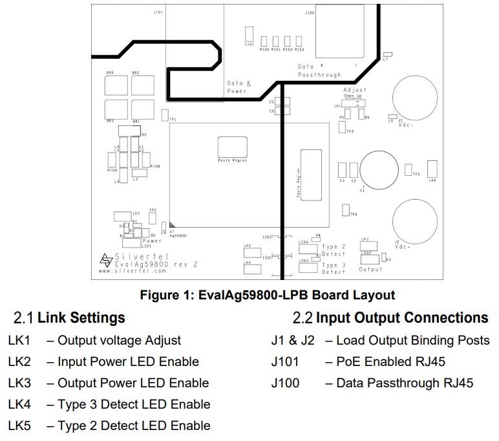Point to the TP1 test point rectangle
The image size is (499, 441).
[x=165, y=115]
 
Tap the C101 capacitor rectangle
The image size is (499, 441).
[x=248, y=34]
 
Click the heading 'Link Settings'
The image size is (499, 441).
[x=81, y=317]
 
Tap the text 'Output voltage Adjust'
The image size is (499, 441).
[x=119, y=340]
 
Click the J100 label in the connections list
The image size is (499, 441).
[x=286, y=383]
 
